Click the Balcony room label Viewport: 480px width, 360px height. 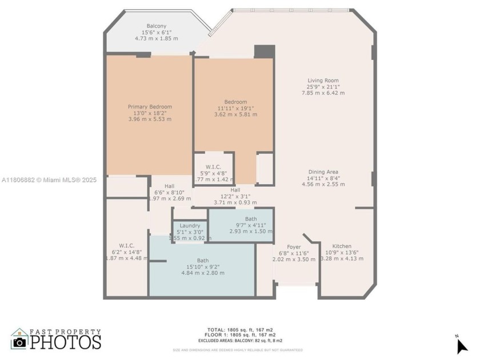tap(156, 26)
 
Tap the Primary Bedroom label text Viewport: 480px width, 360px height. tap(150, 107)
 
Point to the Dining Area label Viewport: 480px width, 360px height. tap(323, 172)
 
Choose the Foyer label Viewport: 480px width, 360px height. tap(294, 247)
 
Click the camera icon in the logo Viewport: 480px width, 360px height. tap(20, 341)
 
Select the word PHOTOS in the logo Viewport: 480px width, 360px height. tap(65, 342)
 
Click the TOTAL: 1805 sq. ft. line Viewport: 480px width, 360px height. tap(239, 330)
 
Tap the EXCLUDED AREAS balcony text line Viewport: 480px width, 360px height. tap(239, 340)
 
